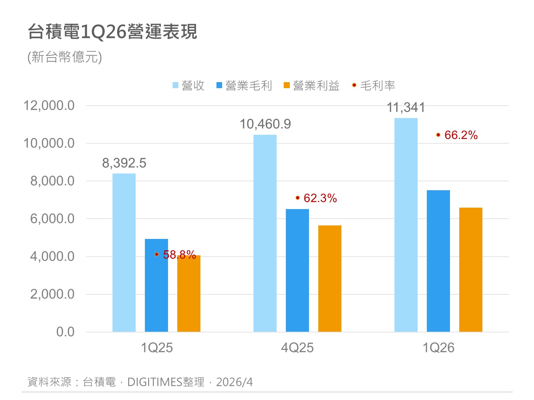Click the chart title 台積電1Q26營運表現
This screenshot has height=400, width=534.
(x=112, y=32)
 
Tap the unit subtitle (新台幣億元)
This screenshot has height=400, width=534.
(x=65, y=57)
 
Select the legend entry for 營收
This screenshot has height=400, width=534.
(x=189, y=86)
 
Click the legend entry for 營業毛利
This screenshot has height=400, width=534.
(x=245, y=86)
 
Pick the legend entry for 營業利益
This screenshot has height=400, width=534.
(x=312, y=86)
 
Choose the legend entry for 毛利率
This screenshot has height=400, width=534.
(x=374, y=86)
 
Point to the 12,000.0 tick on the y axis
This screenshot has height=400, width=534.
(x=49, y=106)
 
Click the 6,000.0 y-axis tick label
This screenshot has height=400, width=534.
(x=52, y=219)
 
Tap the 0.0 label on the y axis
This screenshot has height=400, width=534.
(x=66, y=332)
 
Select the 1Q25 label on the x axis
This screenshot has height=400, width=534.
(x=157, y=348)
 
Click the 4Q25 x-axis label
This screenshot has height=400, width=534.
(x=297, y=348)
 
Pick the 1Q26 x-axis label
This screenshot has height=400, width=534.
(x=438, y=348)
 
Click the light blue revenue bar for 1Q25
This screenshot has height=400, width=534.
(x=124, y=252)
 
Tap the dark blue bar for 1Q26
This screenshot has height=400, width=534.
(x=438, y=261)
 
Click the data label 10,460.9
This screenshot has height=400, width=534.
(x=265, y=124)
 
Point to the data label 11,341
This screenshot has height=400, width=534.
(x=406, y=107)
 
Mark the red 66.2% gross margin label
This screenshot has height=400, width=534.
(x=461, y=135)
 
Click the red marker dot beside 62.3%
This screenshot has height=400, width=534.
(x=298, y=198)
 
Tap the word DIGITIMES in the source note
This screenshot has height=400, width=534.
(x=155, y=382)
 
